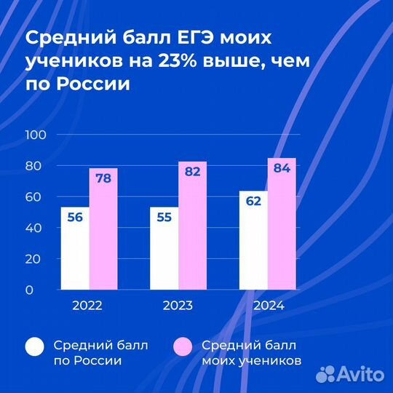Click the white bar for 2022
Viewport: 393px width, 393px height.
coord(75,251)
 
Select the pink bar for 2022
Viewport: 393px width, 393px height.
coord(103,233)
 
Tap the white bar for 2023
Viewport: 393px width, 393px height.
coord(164,251)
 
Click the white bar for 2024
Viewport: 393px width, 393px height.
coord(253,244)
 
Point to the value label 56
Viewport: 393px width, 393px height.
coord(74,218)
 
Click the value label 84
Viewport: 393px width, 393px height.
coord(282,169)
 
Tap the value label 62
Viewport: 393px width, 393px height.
coord(253,202)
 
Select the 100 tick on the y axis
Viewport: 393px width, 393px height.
coord(36,135)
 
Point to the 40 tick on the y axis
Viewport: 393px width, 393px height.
coord(39,228)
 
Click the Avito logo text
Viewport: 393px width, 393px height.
coord(361,373)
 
